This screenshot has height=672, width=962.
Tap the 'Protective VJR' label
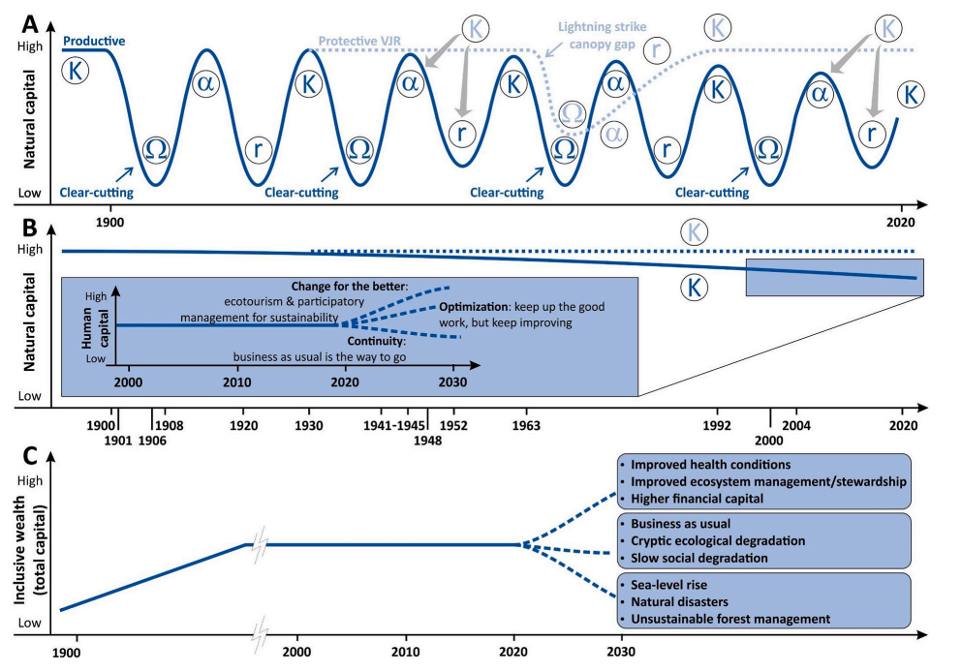point(362,40)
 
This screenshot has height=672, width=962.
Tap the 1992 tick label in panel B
point(717,425)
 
